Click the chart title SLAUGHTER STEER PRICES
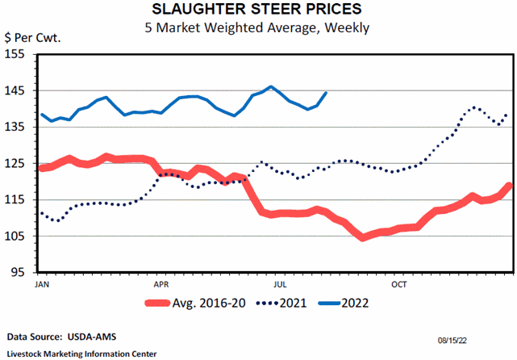click(258, 10)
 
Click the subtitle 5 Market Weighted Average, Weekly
click(258, 27)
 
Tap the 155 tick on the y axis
click(17, 54)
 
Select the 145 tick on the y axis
click(17, 90)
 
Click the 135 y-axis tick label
click(17, 127)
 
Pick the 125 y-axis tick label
click(17, 163)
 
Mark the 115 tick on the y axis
click(17, 199)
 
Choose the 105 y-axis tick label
click(17, 236)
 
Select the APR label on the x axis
click(161, 285)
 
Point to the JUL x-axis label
click(280, 285)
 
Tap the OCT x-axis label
click(399, 285)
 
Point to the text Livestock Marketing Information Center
click(81, 354)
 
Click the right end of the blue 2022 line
click(326, 92)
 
